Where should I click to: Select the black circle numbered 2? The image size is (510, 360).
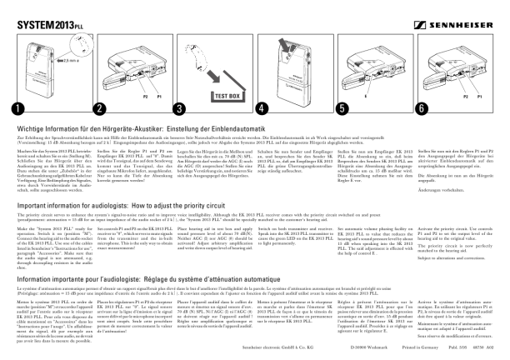tap(100, 108)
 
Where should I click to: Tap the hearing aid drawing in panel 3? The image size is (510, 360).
tap(197, 58)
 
